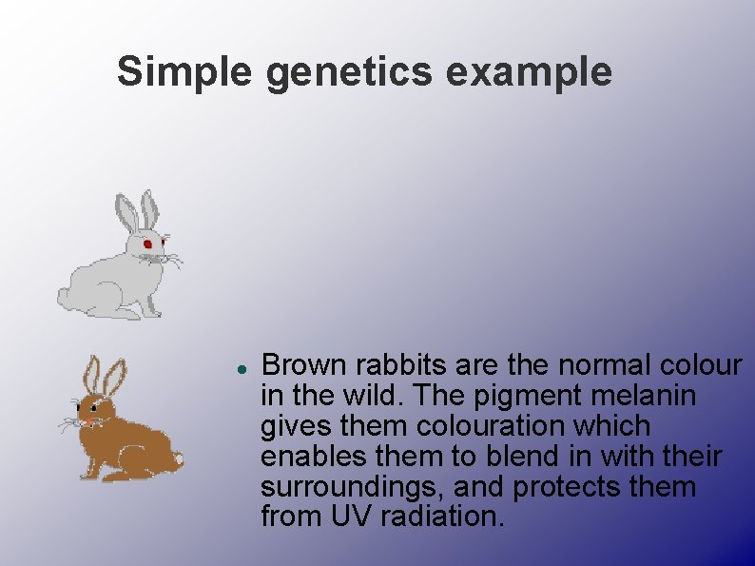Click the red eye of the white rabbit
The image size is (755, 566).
(147, 244)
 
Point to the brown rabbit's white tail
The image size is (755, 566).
(176, 460)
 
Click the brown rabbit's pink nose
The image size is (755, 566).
(85, 420)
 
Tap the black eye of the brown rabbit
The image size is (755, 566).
(94, 407)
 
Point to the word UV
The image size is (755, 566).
(348, 518)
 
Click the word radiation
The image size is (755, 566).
(444, 518)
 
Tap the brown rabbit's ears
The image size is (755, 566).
(104, 376)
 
